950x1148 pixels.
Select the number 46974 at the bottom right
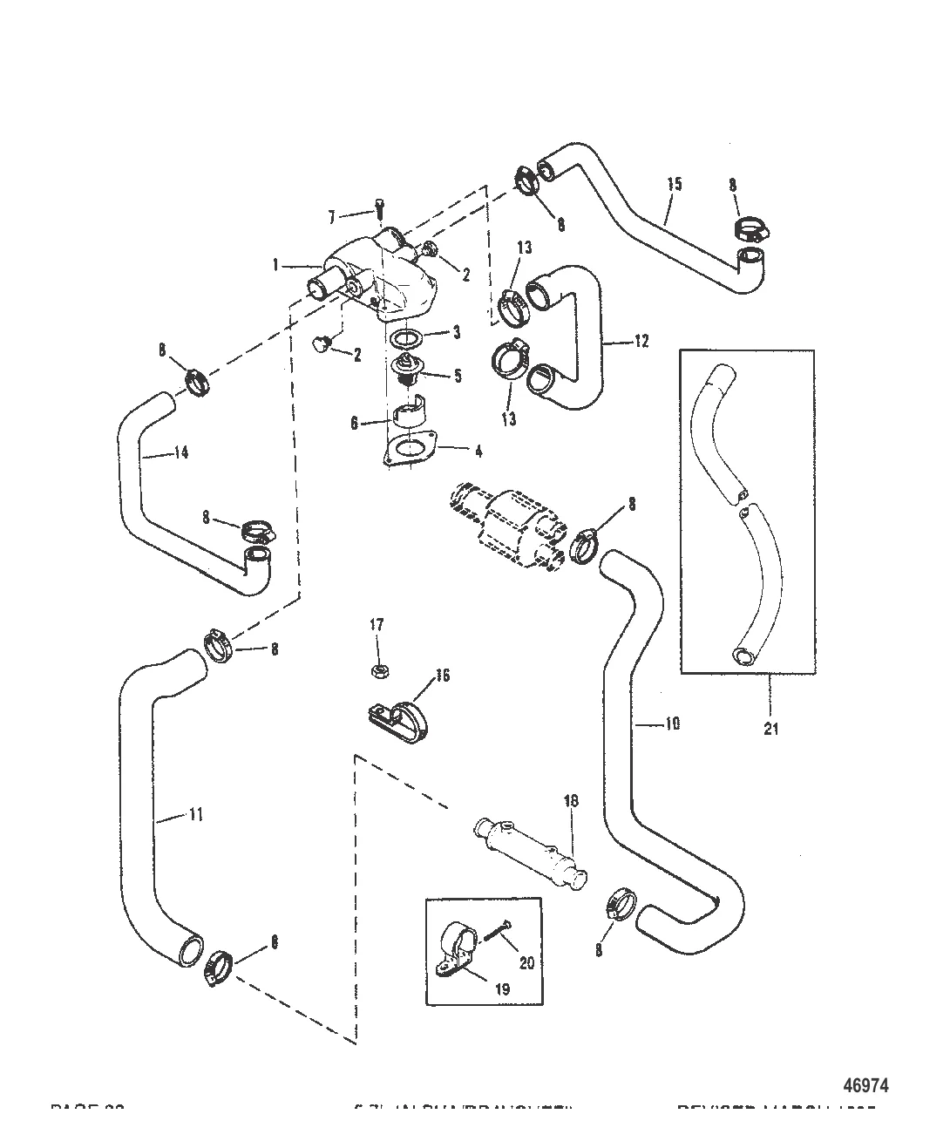(x=866, y=1086)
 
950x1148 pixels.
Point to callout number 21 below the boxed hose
(x=770, y=728)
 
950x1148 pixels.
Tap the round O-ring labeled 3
(x=405, y=339)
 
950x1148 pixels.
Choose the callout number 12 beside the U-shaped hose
(x=641, y=342)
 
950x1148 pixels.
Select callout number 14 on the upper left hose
(x=180, y=452)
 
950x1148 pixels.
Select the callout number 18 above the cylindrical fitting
(x=571, y=800)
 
